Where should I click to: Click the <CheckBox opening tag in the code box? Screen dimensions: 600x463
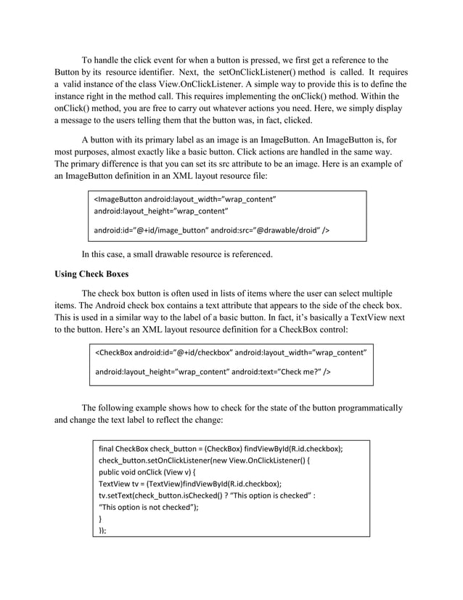click(x=114, y=353)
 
